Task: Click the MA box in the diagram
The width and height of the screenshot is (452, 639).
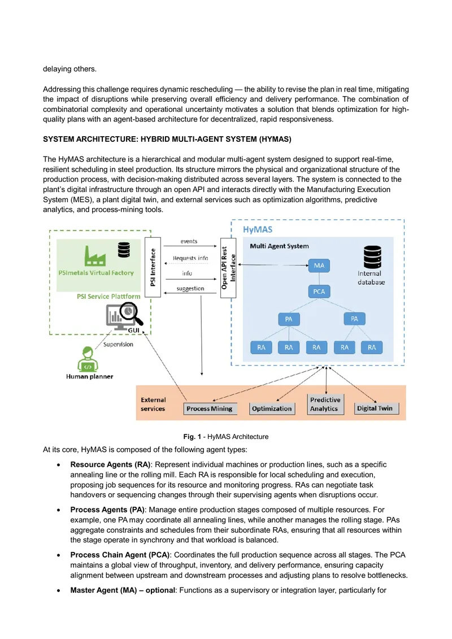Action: coord(319,266)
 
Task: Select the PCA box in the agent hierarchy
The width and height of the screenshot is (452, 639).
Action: coord(319,292)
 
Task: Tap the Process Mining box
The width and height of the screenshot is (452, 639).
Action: coord(210,408)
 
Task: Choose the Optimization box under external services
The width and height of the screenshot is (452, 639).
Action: coord(272,408)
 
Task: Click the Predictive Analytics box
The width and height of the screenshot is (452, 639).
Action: coord(325,405)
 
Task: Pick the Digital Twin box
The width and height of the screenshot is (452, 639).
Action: coord(375,408)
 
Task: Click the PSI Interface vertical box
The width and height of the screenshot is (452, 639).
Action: coord(153,267)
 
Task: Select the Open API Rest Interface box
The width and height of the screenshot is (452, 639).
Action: coord(228,268)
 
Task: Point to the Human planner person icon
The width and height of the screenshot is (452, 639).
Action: coord(88,359)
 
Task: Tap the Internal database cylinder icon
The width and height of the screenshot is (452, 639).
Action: coord(372,257)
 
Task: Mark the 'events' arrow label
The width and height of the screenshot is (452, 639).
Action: coord(189,241)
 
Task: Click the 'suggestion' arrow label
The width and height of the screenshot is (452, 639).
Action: coord(190,289)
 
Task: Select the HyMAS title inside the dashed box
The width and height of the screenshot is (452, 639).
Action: coord(258,229)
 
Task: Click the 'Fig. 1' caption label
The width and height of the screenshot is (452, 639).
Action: coord(192,437)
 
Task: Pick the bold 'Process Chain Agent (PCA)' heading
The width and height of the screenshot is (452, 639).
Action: coord(120,555)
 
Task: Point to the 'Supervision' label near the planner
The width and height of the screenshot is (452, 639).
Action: coord(118,344)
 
